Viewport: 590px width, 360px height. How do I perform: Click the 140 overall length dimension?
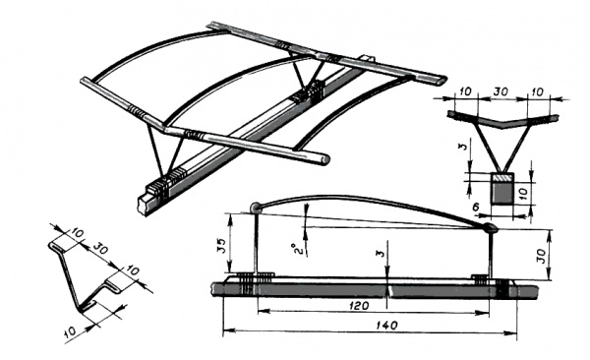pos(386,326)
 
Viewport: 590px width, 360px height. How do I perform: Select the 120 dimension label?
pos(359,305)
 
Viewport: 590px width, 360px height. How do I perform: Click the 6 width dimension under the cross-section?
pos(477,207)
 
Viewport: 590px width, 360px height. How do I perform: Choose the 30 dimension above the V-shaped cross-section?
pos(501,91)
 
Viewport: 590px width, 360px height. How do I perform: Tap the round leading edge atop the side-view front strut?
pos(255,208)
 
